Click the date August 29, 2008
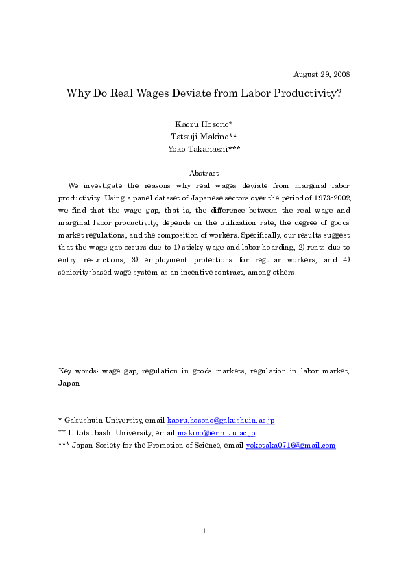click(x=322, y=74)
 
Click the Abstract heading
click(x=204, y=173)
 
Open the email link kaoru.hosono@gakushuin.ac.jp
click(x=221, y=420)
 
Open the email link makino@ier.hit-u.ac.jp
click(x=216, y=433)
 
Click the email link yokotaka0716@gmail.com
click(x=291, y=446)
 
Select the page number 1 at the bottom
click(x=204, y=531)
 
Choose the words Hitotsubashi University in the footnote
click(x=108, y=433)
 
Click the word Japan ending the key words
click(x=69, y=384)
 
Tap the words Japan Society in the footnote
click(x=95, y=446)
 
